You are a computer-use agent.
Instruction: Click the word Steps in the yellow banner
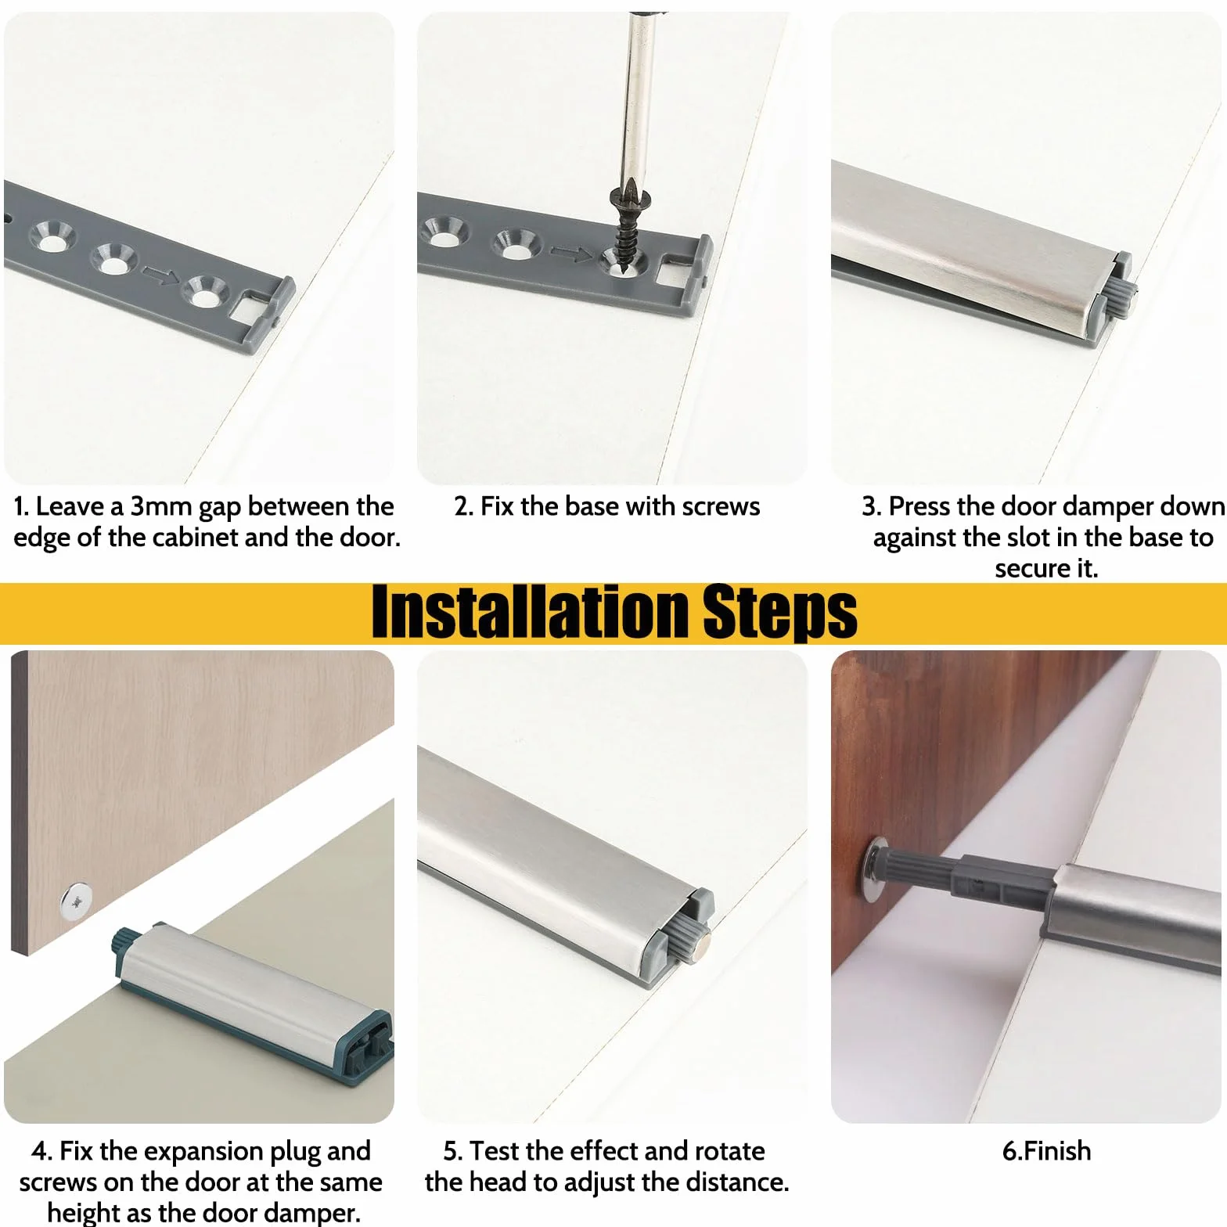pyautogui.click(x=780, y=613)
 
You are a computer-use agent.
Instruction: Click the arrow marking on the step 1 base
pyautogui.click(x=160, y=275)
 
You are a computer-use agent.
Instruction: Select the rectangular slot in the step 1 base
pyautogui.click(x=250, y=306)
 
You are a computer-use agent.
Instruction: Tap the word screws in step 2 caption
pyautogui.click(x=721, y=507)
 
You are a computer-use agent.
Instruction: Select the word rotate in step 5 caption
pyautogui.click(x=728, y=1151)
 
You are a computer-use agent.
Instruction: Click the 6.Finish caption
pyautogui.click(x=1046, y=1151)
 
